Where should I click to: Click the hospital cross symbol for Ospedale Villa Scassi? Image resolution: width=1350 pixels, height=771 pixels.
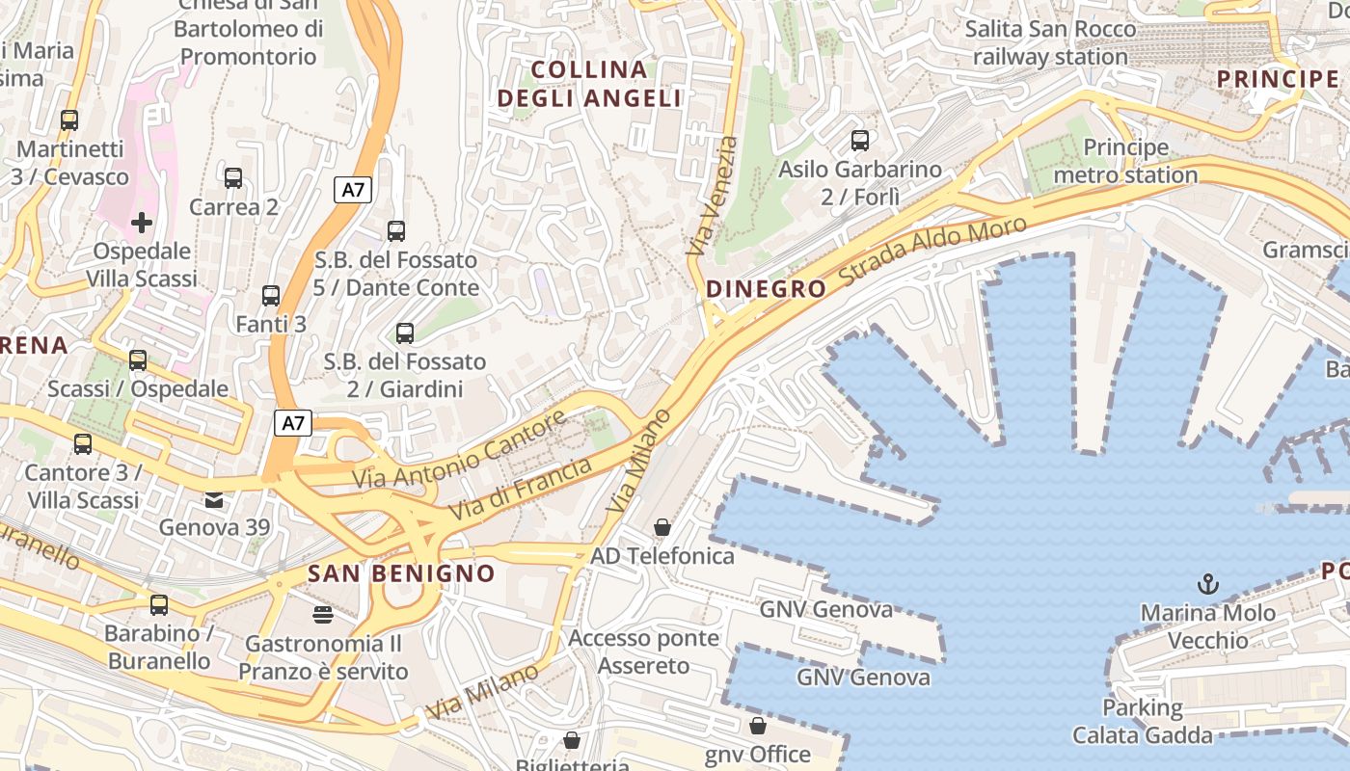[x=142, y=223]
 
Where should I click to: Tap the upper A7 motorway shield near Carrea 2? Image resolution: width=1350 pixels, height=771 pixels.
[x=354, y=189]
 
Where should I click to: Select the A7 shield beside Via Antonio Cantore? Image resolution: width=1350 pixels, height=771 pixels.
[x=294, y=422]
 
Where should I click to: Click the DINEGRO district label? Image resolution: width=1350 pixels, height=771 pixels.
[x=767, y=289]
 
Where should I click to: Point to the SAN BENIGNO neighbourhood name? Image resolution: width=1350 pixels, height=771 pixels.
[x=401, y=573]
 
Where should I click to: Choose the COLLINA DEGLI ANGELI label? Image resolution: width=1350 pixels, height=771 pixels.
[x=589, y=84]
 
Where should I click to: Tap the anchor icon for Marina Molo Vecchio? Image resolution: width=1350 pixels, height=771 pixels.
[x=1207, y=583]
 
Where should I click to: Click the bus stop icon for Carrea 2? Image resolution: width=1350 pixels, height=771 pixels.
[x=233, y=178]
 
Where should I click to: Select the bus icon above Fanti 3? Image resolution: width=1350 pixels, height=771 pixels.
[x=271, y=296]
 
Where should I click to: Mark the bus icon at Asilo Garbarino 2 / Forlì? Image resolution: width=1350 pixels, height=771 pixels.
[x=860, y=141]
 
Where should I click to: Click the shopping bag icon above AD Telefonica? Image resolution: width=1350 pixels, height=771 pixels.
[x=662, y=527]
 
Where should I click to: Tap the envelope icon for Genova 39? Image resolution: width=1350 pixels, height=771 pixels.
[x=213, y=499]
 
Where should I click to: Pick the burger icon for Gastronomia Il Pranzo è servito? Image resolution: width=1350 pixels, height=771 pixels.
[x=322, y=614]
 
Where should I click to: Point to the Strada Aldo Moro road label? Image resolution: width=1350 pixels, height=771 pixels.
[x=932, y=250]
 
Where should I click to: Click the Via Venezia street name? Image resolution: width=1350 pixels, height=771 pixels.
[x=713, y=196]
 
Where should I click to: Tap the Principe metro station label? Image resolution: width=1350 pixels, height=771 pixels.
[x=1125, y=161]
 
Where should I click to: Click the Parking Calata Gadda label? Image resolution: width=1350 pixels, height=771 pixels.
[x=1143, y=722]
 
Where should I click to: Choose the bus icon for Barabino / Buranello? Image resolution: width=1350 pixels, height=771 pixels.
[x=159, y=605]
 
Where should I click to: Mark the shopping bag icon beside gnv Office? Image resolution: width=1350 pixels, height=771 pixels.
[x=758, y=726]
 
